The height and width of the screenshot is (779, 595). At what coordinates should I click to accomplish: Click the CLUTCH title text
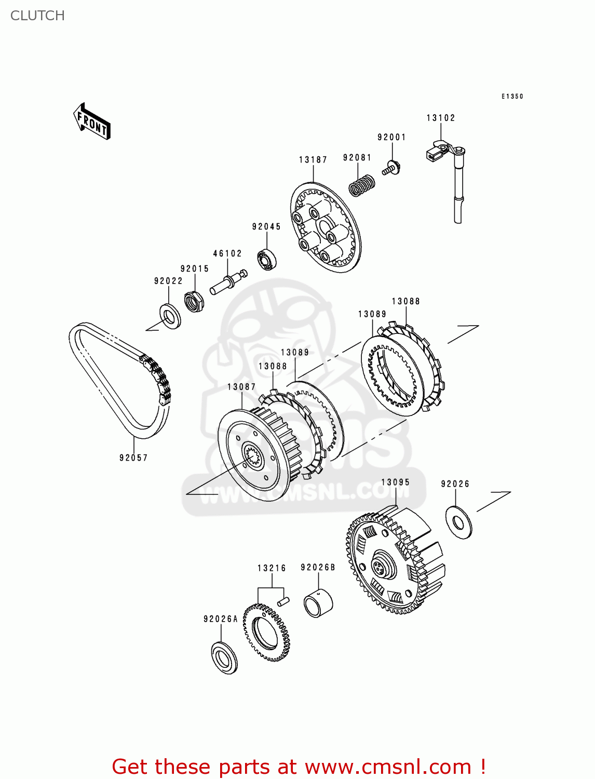[x=37, y=16]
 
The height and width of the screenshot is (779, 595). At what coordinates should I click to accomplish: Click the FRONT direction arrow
[x=92, y=122]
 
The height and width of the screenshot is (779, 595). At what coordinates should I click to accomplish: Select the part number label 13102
[x=440, y=118]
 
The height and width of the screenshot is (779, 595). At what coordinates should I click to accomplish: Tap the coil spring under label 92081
[x=362, y=185]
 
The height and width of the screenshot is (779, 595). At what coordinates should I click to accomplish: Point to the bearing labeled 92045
[x=267, y=260]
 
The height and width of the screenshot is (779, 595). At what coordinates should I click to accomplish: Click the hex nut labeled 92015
[x=194, y=301]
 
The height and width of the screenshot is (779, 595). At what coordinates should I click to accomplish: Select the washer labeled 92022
[x=169, y=316]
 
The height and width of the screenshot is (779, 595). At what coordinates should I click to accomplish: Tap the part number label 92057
[x=133, y=458]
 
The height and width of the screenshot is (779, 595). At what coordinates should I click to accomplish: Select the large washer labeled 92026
[x=458, y=521]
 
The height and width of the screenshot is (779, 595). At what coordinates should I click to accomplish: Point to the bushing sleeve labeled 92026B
[x=317, y=603]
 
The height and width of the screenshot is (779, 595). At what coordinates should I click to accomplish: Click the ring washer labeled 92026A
[x=224, y=657]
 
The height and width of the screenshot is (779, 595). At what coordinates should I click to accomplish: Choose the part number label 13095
[x=395, y=482]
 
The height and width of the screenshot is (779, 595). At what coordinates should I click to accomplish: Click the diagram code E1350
[x=512, y=96]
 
